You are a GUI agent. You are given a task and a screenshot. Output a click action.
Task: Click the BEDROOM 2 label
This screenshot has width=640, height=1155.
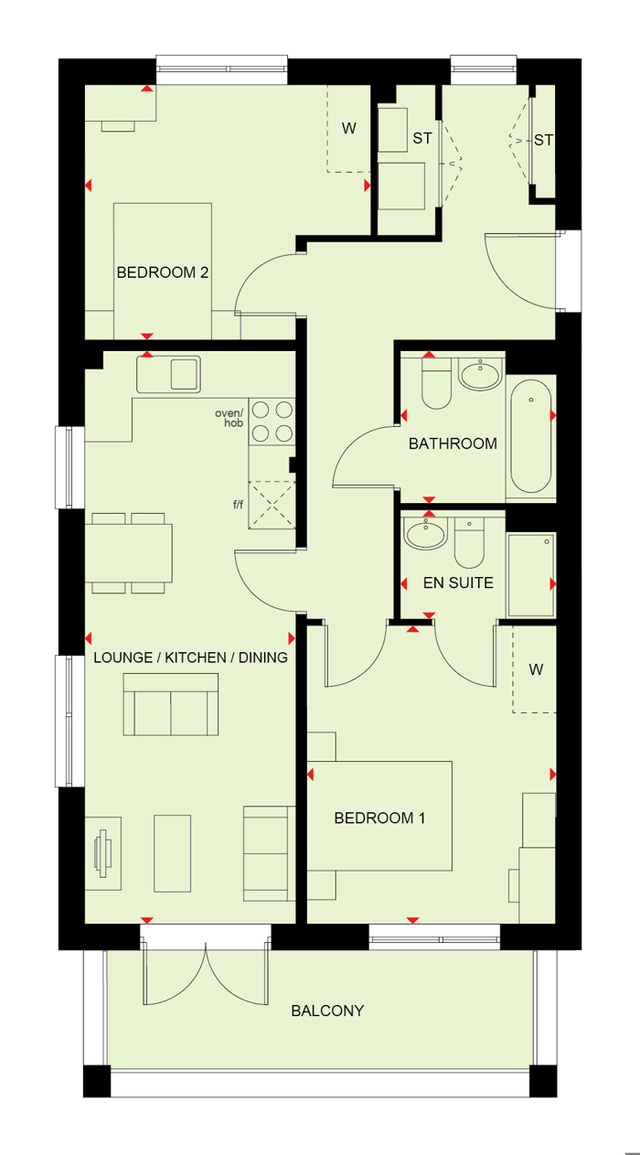[x=163, y=273]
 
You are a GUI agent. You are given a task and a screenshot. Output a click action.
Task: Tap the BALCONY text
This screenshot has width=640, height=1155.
[x=327, y=1011]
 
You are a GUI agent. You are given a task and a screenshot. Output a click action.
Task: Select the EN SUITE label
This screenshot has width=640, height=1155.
[x=458, y=583]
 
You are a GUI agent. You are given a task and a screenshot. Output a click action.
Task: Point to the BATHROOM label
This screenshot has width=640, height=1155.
[x=453, y=444]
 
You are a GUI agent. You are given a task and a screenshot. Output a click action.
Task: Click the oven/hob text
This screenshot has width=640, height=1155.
[x=229, y=418]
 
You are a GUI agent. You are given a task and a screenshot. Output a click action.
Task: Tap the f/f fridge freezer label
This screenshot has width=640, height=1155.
[x=238, y=504]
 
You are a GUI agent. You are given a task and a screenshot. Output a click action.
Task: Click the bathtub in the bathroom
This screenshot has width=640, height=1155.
[x=530, y=436]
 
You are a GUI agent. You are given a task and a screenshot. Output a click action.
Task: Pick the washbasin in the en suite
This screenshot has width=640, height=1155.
[x=425, y=534]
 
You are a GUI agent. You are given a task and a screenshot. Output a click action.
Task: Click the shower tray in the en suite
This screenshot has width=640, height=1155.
[x=531, y=575]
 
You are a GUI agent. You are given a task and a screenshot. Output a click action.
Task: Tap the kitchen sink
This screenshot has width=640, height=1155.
[x=168, y=374]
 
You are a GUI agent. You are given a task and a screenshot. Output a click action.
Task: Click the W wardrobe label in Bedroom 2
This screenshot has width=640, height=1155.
[x=348, y=128]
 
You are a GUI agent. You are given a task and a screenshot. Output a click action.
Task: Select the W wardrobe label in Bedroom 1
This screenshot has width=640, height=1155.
[x=536, y=669]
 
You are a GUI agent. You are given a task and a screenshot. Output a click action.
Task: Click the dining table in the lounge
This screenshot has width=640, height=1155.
[x=128, y=552]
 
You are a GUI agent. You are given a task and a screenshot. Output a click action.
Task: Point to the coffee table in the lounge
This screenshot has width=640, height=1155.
[x=172, y=853]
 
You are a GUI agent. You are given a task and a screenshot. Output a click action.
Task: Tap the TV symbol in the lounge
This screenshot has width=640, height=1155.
[x=103, y=853]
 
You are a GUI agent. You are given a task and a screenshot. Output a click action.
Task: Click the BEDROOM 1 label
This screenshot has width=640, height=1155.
[x=379, y=818]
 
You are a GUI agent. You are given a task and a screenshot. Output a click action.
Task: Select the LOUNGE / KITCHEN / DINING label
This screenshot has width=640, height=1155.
[x=191, y=658]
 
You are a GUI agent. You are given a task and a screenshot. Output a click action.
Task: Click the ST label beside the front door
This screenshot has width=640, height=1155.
[x=544, y=140]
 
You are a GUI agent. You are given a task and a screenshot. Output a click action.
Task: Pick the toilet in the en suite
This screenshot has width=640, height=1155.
[x=469, y=543]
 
